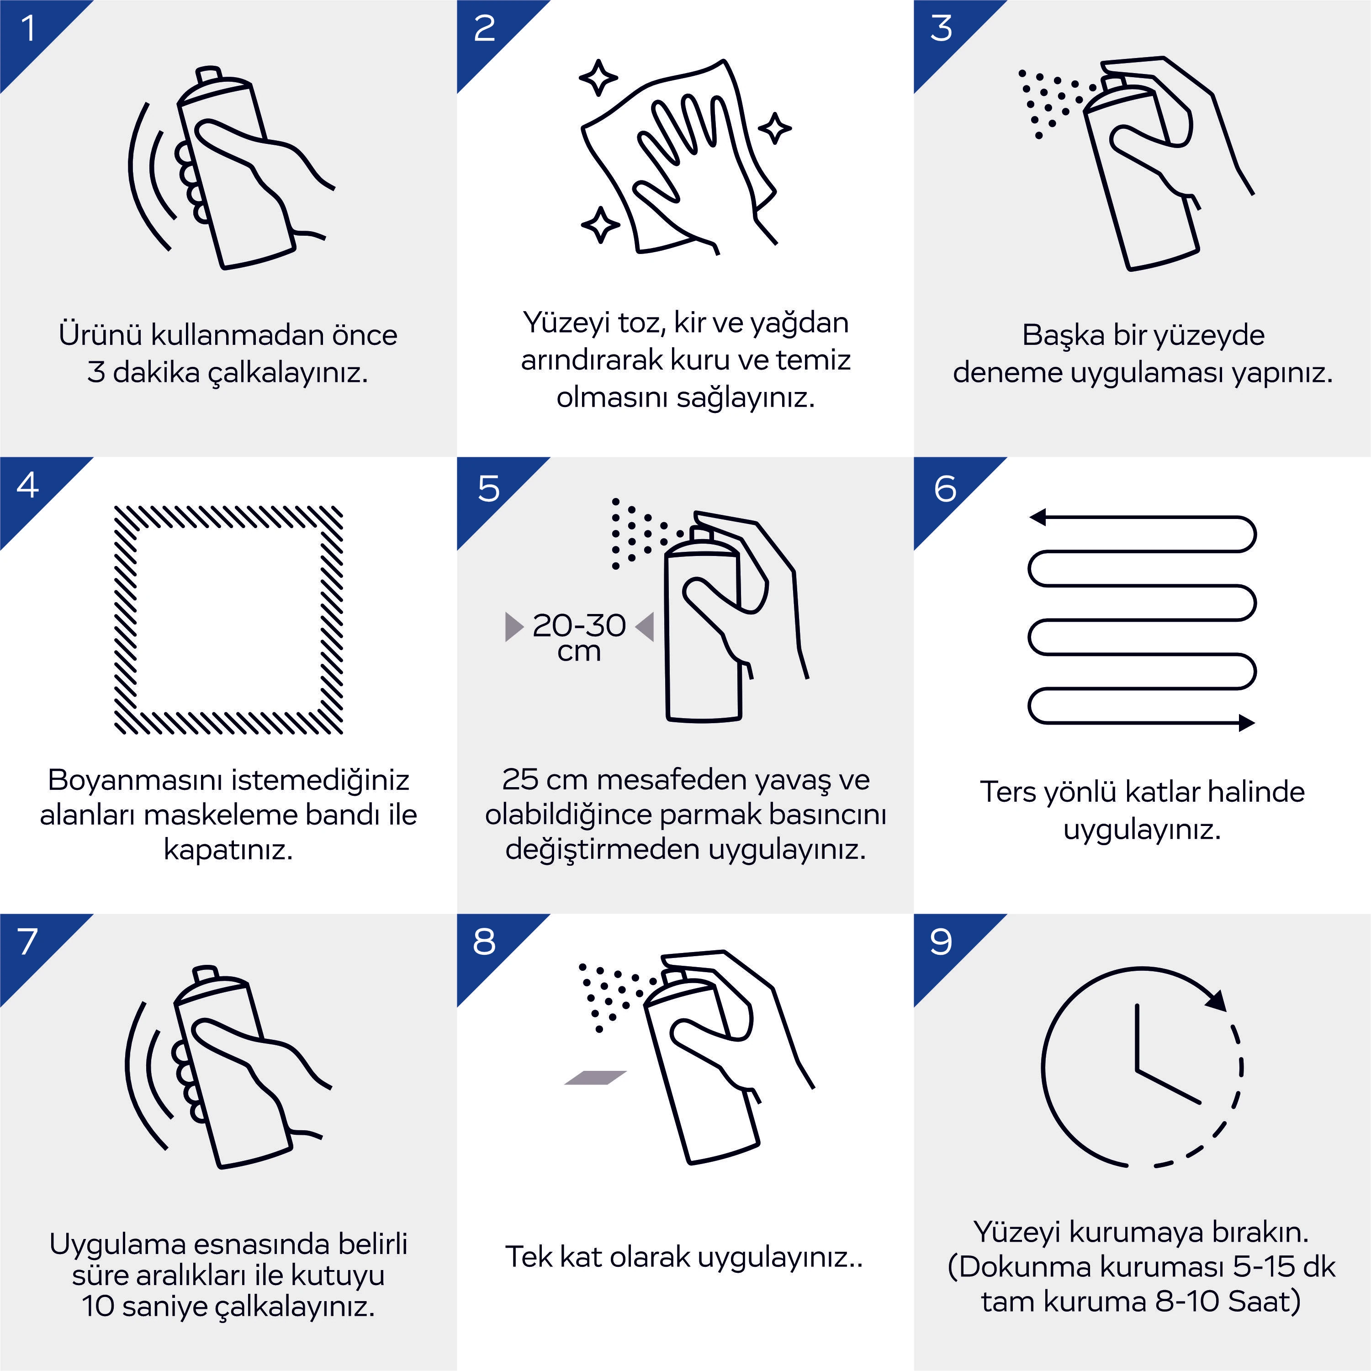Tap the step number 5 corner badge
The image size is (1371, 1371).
tap(488, 489)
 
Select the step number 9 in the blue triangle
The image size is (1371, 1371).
tap(941, 942)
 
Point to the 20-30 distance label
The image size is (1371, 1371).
tap(579, 625)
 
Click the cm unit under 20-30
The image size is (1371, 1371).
tap(579, 652)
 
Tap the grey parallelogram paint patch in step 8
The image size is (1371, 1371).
tap(595, 1077)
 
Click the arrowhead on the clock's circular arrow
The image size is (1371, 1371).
tap(1216, 1000)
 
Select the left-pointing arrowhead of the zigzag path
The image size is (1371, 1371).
tap(1038, 517)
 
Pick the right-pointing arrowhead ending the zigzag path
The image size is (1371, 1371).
tap(1247, 723)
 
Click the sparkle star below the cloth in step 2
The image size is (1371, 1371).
tap(600, 224)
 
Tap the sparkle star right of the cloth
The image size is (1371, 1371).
tap(775, 128)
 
